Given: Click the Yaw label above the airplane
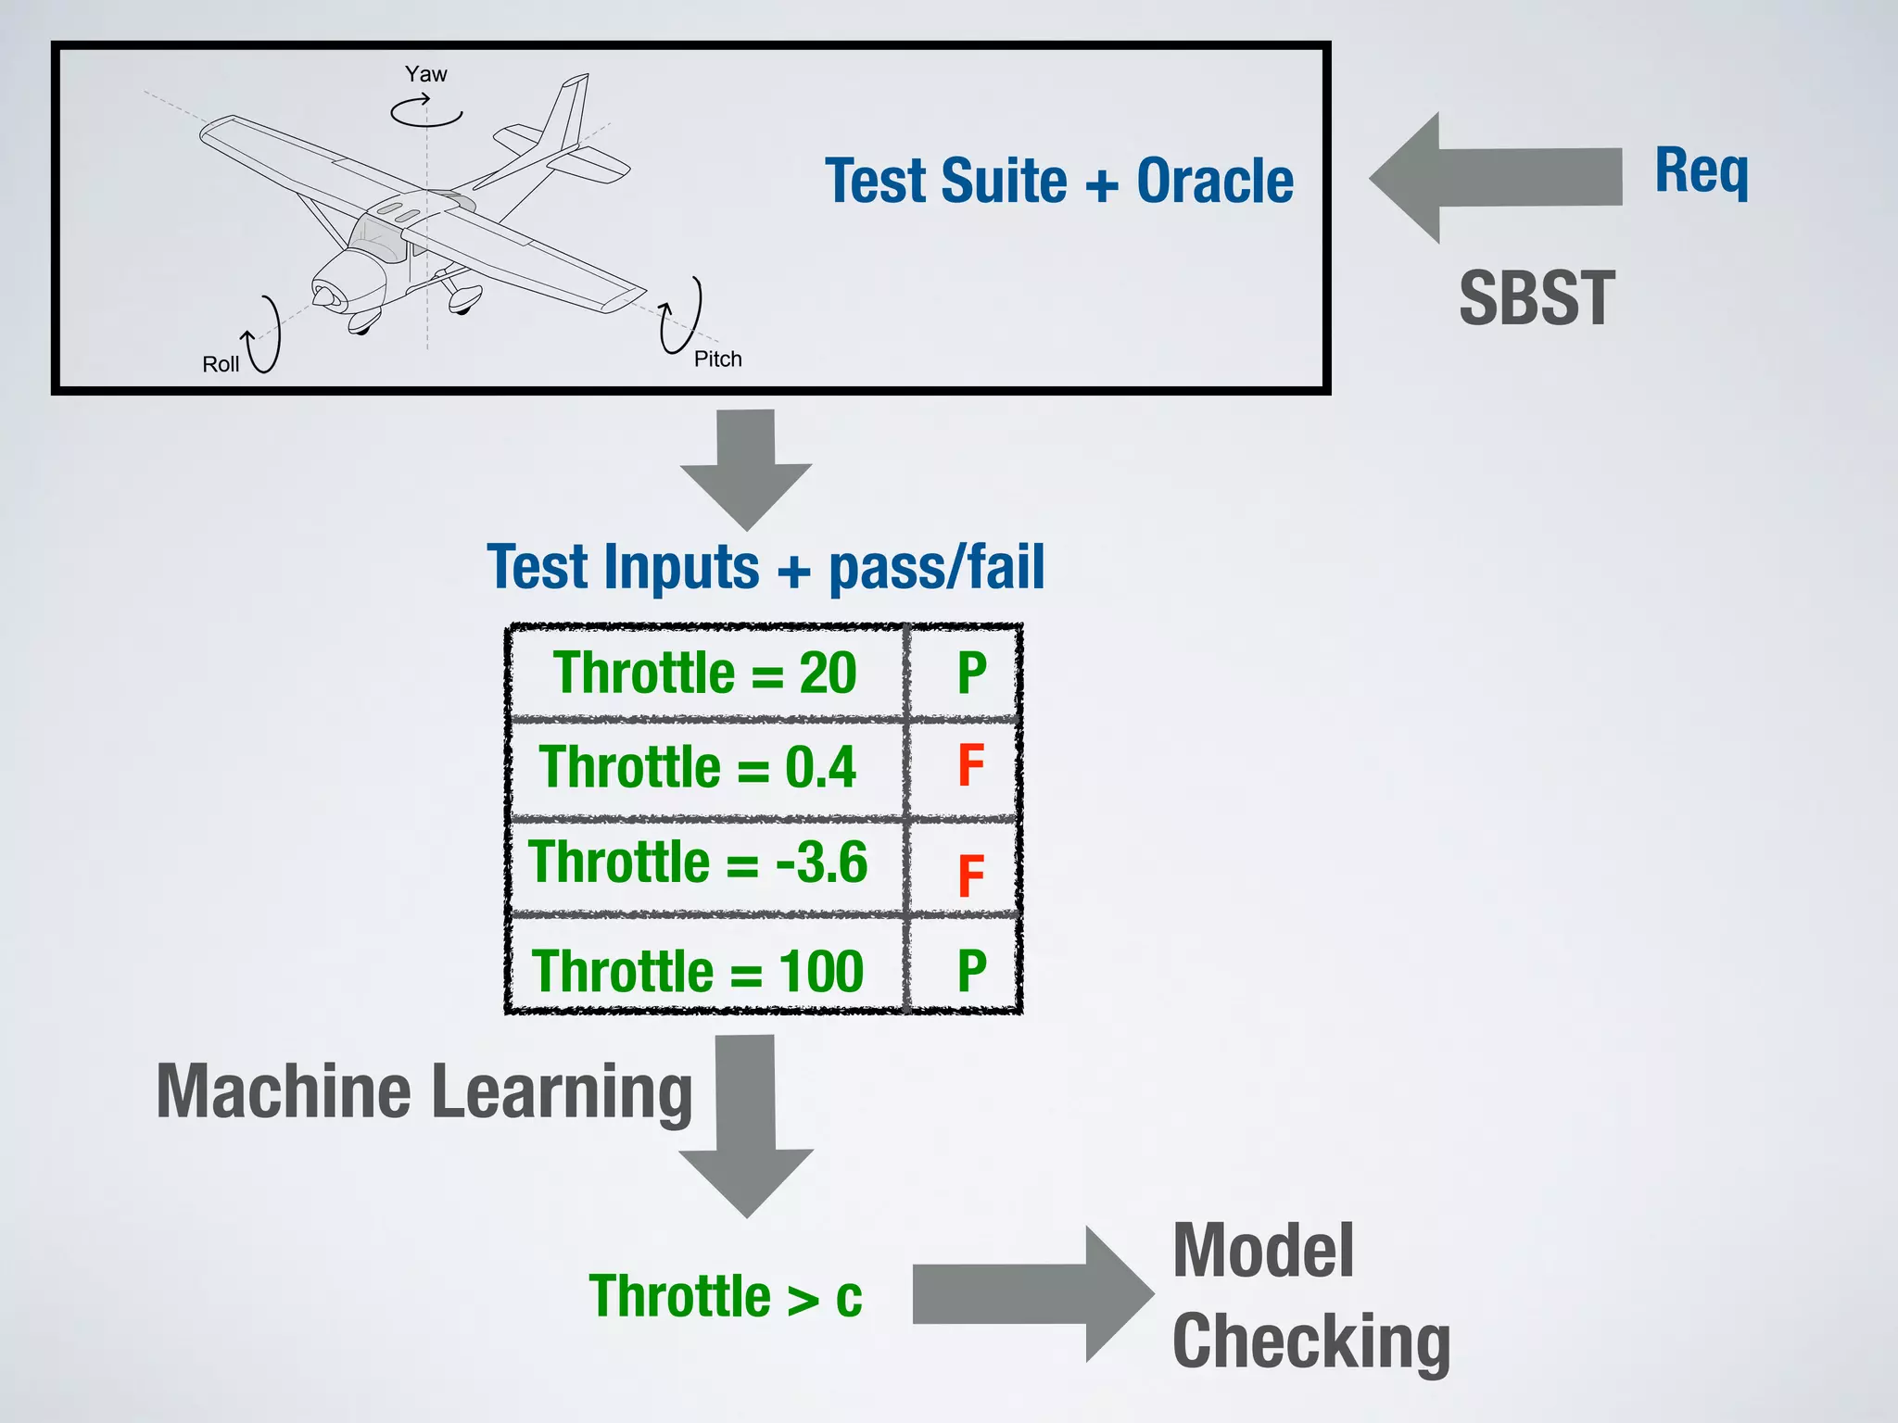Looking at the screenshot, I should (x=425, y=74).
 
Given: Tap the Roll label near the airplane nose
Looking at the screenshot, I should (x=221, y=364).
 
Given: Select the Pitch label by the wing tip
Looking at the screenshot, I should (x=717, y=359).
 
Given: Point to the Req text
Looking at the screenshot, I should (x=1702, y=171).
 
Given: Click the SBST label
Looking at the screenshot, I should (x=1537, y=298).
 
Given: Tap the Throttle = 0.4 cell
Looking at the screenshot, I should (x=698, y=767).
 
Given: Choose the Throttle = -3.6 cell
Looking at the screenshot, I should (x=698, y=862).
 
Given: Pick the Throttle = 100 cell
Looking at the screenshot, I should (x=698, y=971).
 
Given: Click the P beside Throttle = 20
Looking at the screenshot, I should (x=971, y=674).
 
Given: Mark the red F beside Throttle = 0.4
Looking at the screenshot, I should (x=970, y=766).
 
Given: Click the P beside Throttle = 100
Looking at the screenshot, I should (x=971, y=971).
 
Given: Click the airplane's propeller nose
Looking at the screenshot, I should (x=326, y=296).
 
